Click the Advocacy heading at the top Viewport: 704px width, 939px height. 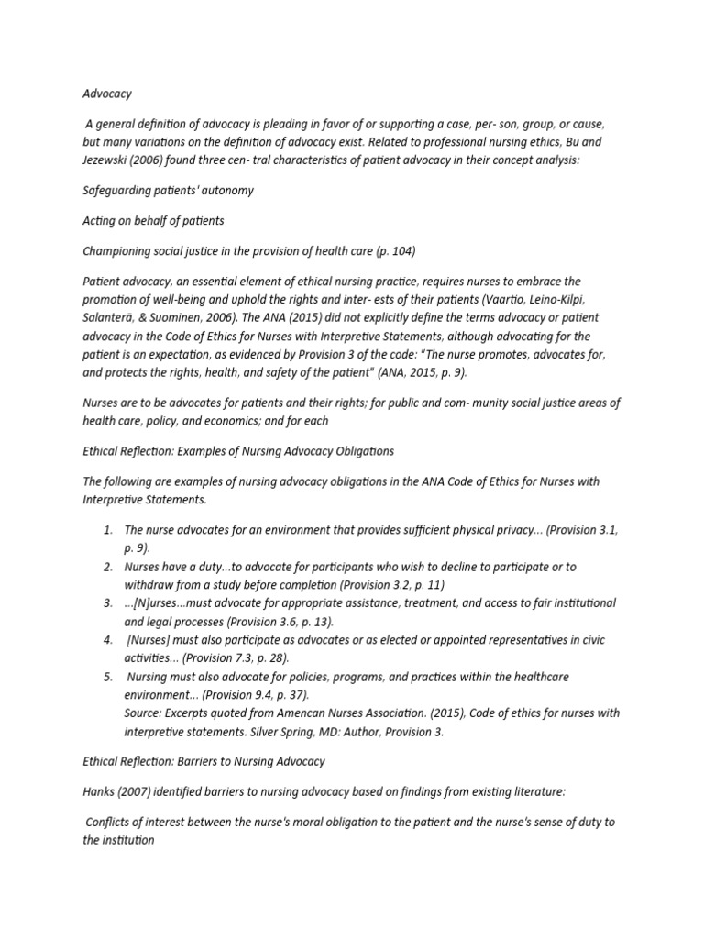(x=107, y=94)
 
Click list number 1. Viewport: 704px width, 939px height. (x=107, y=530)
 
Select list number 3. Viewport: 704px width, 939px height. (x=107, y=603)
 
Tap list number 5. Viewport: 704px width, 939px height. (x=107, y=677)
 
